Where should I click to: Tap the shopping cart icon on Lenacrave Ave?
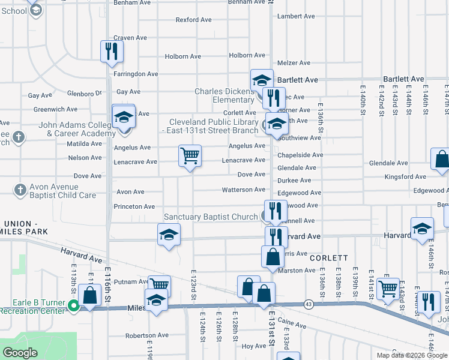coord(190,156)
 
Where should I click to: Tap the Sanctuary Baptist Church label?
coord(211,217)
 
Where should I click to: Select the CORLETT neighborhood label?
coord(329,257)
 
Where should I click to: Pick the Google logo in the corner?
coord(20,353)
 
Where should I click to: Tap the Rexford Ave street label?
coord(193,20)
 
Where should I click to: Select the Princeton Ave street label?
coord(134,206)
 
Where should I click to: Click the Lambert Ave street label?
coord(296,16)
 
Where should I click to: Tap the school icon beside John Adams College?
coord(124,116)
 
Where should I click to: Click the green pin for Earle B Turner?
coord(74,305)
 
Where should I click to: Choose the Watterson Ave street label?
coord(243,190)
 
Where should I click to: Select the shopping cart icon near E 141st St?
coord(389,287)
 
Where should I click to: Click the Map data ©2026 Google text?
coord(412,355)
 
